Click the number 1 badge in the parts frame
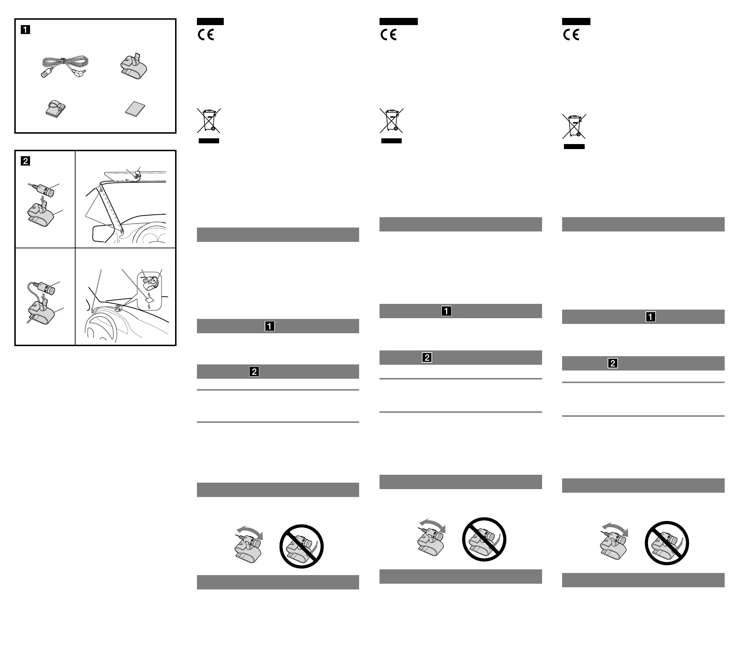25,30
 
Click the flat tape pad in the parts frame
135,109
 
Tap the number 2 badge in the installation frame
25,161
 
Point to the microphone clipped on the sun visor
137,176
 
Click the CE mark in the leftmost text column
206,35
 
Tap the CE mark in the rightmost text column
571,35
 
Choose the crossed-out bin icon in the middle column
391,120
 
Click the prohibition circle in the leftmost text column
301,546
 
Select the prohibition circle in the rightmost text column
667,543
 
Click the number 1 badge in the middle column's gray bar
446,311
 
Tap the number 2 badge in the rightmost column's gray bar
613,363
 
